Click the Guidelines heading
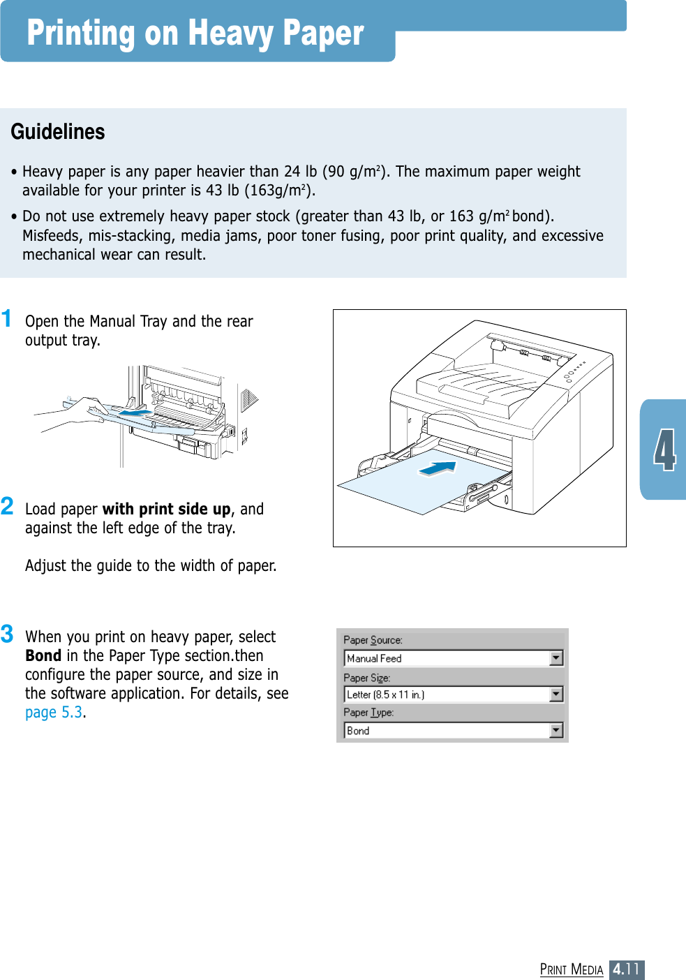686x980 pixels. click(x=58, y=132)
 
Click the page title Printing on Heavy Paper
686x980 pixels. click(x=195, y=34)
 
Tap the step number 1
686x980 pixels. click(x=7, y=319)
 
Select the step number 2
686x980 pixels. click(x=8, y=506)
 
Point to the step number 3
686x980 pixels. click(x=8, y=634)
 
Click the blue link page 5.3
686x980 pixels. click(x=54, y=713)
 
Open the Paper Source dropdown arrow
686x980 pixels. click(x=556, y=658)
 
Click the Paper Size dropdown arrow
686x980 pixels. click(x=556, y=695)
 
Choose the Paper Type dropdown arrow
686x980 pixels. click(x=556, y=731)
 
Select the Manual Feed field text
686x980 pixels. click(x=375, y=658)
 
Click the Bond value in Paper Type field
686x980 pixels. click(x=358, y=731)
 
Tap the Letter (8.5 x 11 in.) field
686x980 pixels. click(x=386, y=695)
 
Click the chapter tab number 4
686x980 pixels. click(x=664, y=450)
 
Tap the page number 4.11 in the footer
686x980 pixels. click(x=626, y=970)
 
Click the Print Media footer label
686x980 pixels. click(x=572, y=970)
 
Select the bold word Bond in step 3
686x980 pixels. click(x=43, y=656)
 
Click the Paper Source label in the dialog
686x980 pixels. click(x=373, y=640)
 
